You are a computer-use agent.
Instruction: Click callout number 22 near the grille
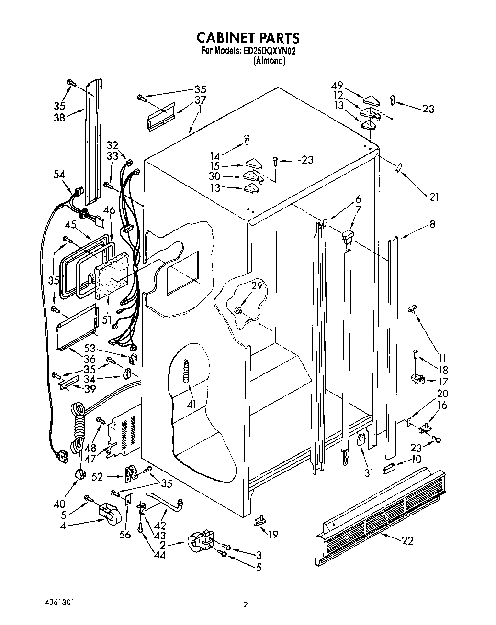click(408, 541)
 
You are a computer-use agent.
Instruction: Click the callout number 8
click(432, 223)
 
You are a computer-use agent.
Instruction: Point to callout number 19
click(273, 535)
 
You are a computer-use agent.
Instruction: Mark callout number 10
click(417, 460)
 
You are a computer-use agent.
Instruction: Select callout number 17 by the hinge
click(443, 381)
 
